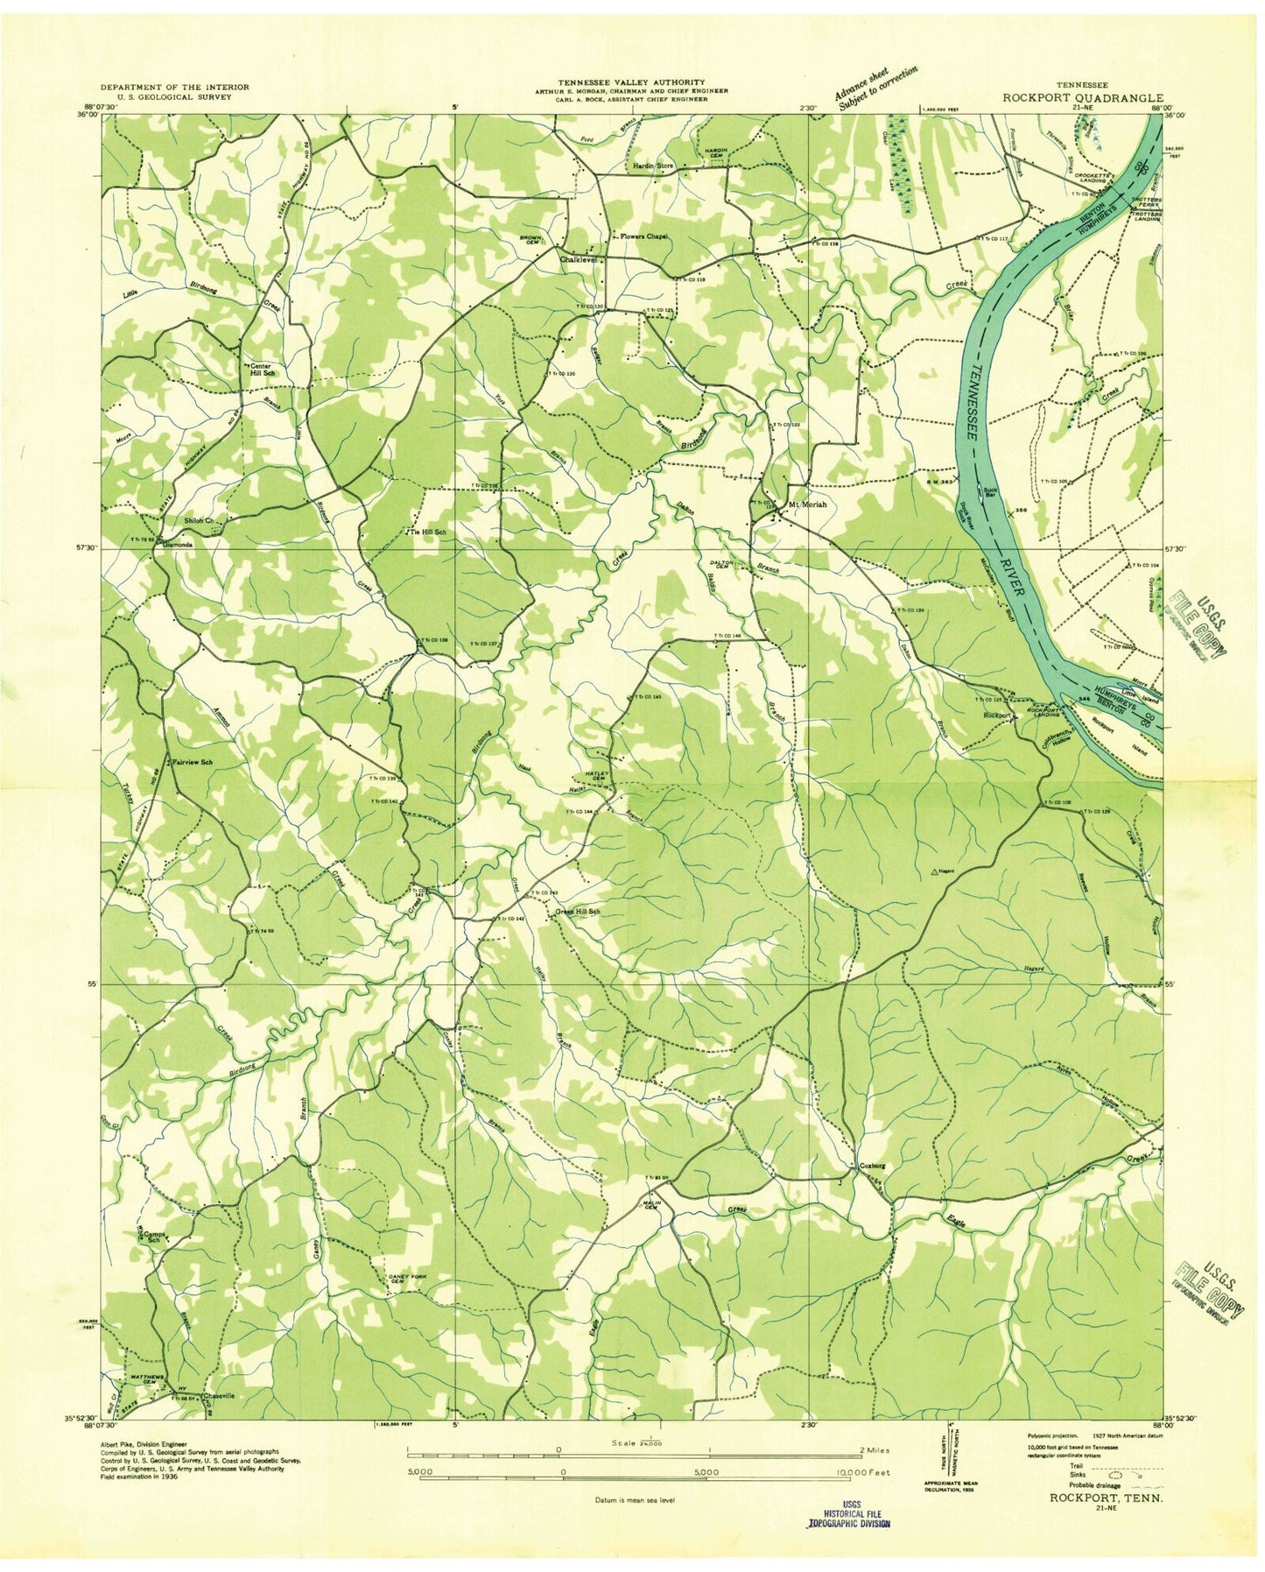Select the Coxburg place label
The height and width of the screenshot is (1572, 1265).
point(872,1167)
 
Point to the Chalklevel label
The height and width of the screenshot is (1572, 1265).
point(579,260)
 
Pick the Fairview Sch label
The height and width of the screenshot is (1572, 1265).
point(193,762)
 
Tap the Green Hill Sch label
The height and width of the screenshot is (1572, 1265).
point(578,912)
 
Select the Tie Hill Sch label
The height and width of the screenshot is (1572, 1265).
point(427,532)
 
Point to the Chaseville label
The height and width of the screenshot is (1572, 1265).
point(219,1396)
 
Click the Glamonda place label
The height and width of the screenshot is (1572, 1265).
point(177,544)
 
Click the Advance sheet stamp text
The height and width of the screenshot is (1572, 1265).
point(875,88)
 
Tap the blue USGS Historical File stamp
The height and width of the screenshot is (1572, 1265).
point(847,1519)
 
